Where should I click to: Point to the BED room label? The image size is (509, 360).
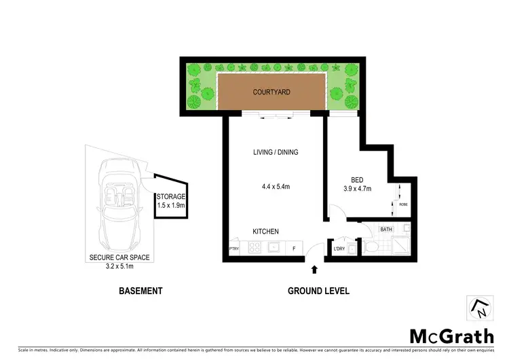pyautogui.click(x=357, y=180)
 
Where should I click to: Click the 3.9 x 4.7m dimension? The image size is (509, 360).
pyautogui.click(x=357, y=189)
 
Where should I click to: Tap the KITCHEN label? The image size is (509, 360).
pyautogui.click(x=265, y=232)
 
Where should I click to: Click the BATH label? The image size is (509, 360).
pyautogui.click(x=387, y=230)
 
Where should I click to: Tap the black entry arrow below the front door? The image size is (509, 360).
pyautogui.click(x=314, y=270)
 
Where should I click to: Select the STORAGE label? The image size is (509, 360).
pyautogui.click(x=171, y=197)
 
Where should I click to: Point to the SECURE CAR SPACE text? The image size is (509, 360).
pyautogui.click(x=119, y=257)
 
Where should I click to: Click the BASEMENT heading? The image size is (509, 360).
pyautogui.click(x=140, y=291)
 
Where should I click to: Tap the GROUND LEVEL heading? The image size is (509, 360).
pyautogui.click(x=318, y=291)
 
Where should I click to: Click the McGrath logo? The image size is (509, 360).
pyautogui.click(x=451, y=335)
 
